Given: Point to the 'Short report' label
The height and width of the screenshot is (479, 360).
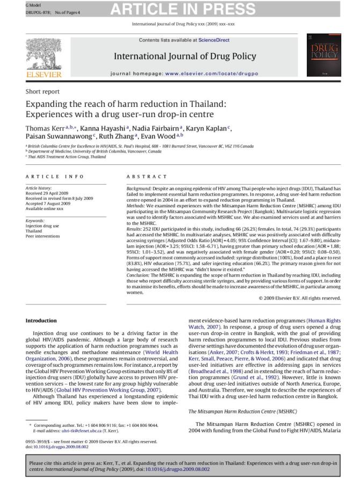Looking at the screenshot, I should tap(42, 92).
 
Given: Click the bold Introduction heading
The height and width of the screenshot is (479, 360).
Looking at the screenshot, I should tap(41, 321).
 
